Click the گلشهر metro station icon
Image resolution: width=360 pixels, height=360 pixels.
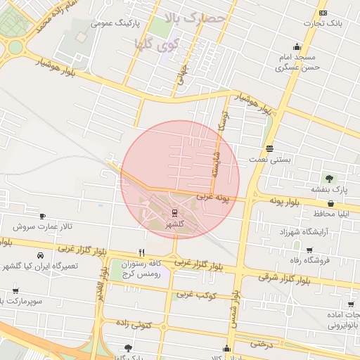tap(174, 213)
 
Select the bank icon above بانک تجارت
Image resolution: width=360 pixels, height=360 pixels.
tap(323, 13)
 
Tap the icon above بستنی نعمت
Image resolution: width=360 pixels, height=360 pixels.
tap(270, 148)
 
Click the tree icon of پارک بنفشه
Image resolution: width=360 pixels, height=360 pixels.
tap(328, 177)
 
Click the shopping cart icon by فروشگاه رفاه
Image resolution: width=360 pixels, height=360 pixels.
tap(309, 250)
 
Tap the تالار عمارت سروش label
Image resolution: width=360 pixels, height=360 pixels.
tap(44, 227)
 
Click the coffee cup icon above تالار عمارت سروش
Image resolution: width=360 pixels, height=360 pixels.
tap(43, 216)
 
